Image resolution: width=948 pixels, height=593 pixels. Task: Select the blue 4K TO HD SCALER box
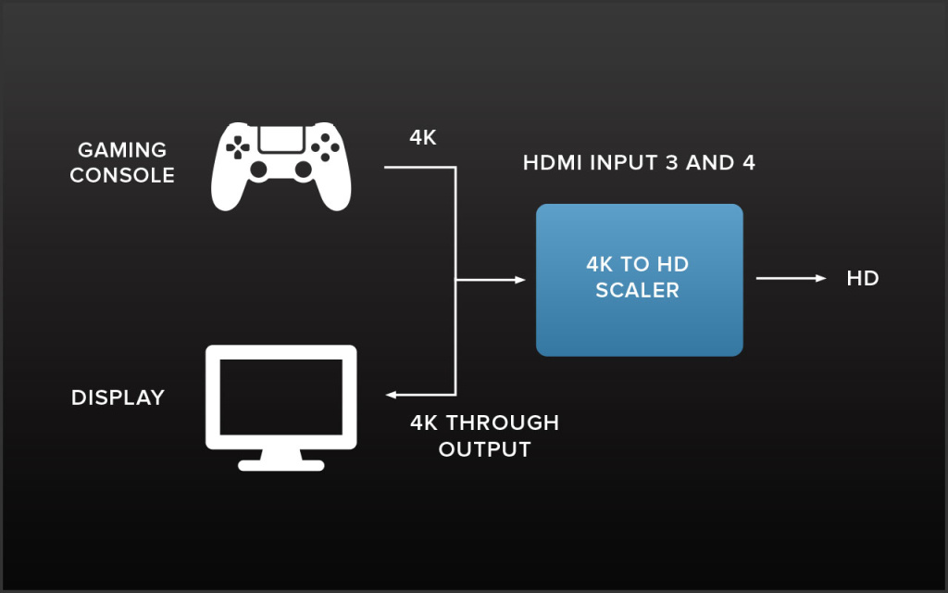[639, 280]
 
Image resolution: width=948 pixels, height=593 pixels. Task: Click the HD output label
[862, 278]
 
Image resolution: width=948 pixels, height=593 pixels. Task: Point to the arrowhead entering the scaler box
[520, 279]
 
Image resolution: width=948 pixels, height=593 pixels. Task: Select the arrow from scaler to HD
[791, 278]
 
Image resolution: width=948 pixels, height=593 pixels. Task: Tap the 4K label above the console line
[423, 137]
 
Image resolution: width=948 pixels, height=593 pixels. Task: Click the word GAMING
[122, 150]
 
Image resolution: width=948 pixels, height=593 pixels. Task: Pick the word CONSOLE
[122, 175]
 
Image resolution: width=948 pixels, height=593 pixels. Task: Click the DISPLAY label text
[118, 397]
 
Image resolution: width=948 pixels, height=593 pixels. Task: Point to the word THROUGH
[504, 423]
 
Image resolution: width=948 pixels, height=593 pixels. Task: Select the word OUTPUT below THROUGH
[484, 449]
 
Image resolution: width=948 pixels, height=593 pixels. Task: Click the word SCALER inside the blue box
[637, 290]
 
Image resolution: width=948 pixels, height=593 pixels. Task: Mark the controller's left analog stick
[259, 170]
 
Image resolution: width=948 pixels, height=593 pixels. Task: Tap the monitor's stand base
[281, 463]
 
